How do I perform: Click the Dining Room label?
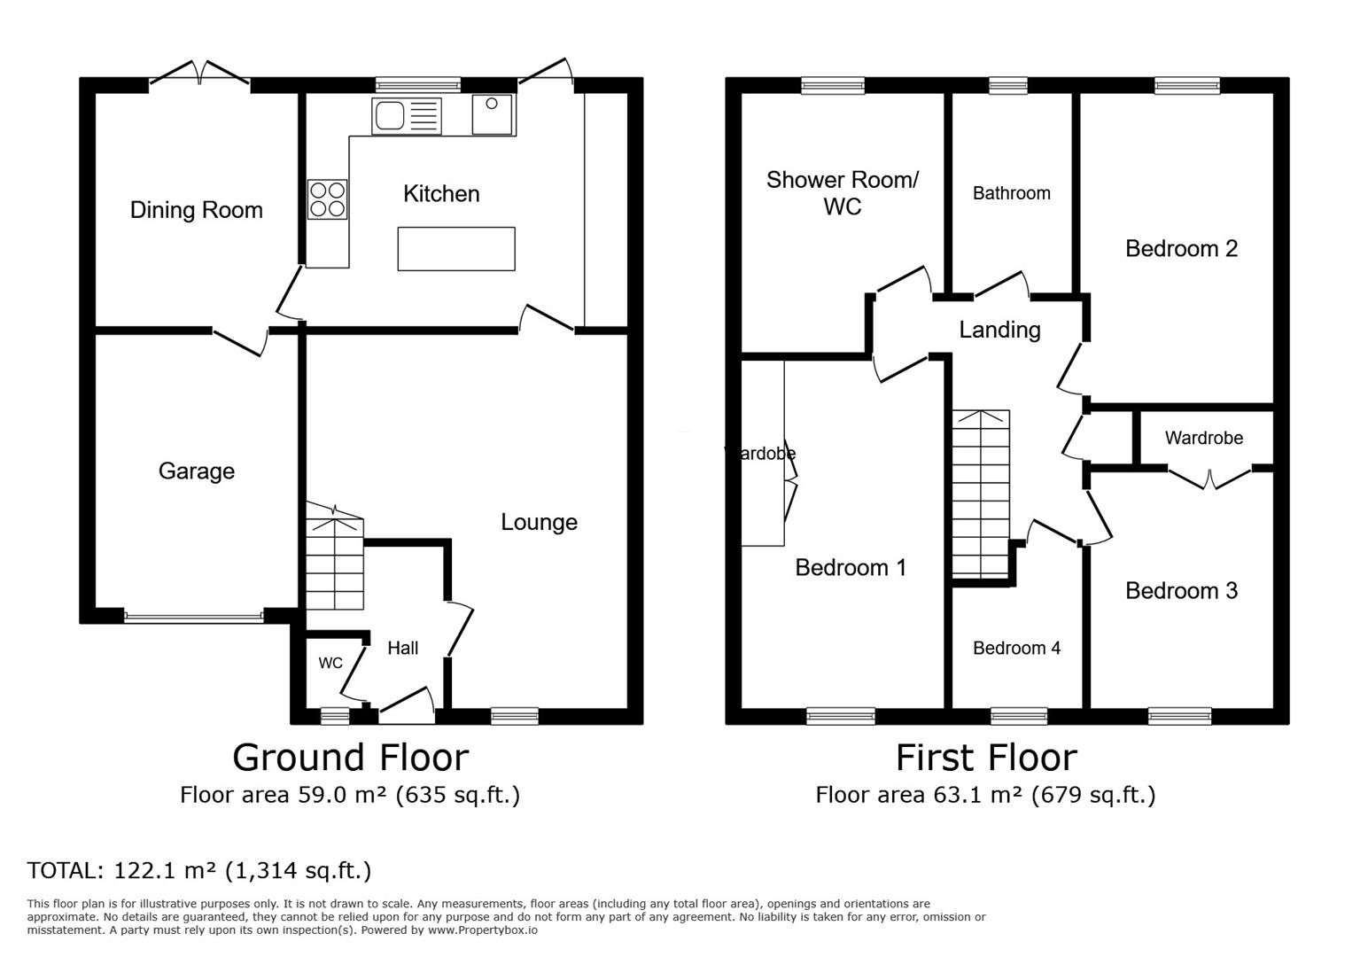[196, 210]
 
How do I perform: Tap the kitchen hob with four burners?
[327, 199]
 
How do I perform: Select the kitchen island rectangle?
[455, 249]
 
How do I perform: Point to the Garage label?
[196, 471]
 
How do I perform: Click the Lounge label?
[539, 522]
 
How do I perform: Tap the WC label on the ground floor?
[330, 663]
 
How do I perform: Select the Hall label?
[402, 648]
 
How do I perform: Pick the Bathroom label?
[1011, 193]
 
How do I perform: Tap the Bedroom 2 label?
[1181, 249]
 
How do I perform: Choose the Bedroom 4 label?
[1016, 648]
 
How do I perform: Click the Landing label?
[999, 330]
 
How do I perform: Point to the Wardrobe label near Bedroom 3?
[1203, 438]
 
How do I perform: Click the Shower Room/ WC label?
[842, 192]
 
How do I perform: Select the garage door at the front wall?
[194, 616]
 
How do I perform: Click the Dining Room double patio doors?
[199, 75]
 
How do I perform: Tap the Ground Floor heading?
[350, 758]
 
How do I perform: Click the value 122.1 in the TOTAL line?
[141, 871]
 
